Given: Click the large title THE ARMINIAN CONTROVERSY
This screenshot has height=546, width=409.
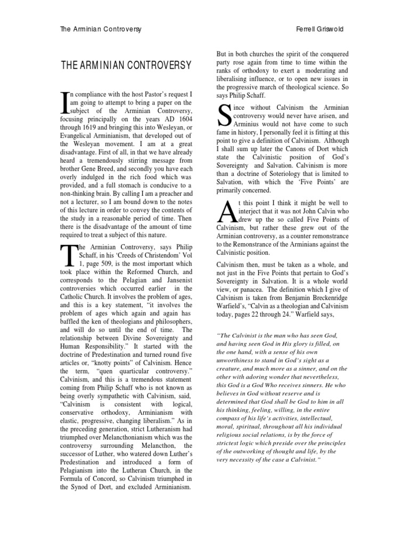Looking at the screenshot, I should click(x=126, y=66).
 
